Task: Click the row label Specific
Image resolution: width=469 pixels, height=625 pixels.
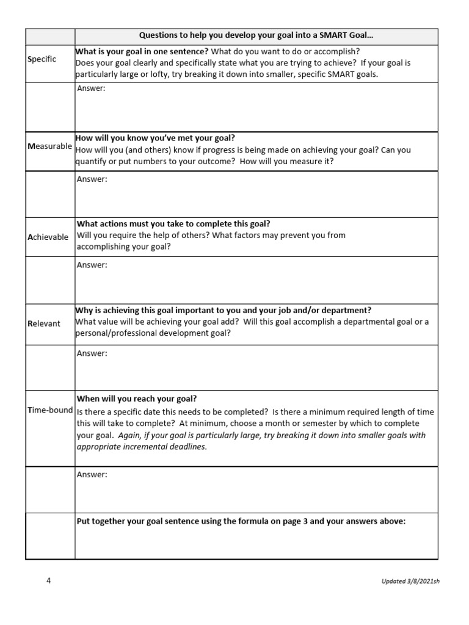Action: click(42, 59)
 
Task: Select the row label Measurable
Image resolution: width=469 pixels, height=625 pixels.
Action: click(49, 146)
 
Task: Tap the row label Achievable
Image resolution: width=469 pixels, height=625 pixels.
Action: click(48, 237)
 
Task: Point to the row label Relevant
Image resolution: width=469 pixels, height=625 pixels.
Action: click(44, 323)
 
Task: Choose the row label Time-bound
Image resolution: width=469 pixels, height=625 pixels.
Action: click(50, 410)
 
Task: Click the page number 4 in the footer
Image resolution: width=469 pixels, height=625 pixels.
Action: click(49, 580)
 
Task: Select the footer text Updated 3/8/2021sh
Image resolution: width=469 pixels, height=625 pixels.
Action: click(410, 581)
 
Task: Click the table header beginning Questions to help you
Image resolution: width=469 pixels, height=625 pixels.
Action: click(256, 36)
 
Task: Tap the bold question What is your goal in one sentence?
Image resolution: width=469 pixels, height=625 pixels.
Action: click(142, 51)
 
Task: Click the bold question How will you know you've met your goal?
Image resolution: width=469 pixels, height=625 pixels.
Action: click(155, 138)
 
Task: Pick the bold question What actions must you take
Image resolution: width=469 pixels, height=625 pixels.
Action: click(173, 224)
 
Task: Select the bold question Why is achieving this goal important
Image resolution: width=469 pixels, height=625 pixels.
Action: click(223, 310)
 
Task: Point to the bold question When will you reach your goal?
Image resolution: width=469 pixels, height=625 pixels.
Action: click(137, 399)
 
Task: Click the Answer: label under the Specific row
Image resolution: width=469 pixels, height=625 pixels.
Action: click(92, 89)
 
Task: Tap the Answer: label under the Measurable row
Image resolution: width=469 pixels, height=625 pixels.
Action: click(92, 179)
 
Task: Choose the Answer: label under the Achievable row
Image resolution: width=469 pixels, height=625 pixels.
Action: click(92, 265)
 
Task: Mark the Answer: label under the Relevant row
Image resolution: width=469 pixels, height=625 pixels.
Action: click(92, 353)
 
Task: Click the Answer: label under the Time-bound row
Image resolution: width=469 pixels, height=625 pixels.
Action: click(92, 474)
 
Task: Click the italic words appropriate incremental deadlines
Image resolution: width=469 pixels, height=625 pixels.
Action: click(142, 446)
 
